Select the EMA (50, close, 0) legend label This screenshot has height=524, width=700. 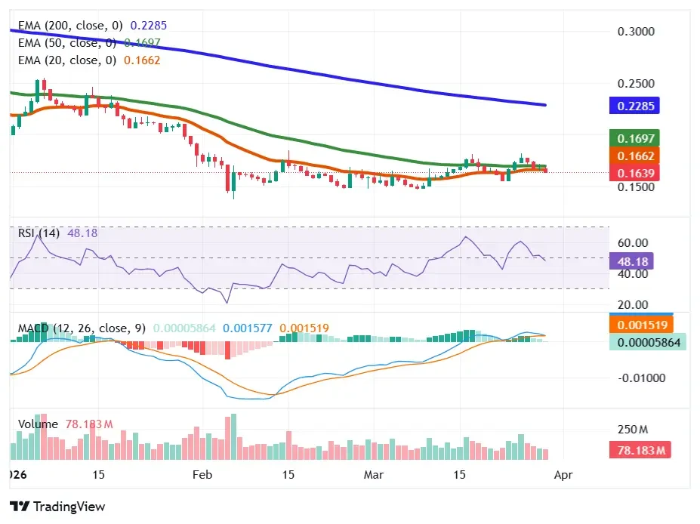(x=67, y=42)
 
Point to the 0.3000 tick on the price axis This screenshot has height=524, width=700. (x=636, y=32)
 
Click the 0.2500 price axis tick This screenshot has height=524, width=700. (x=636, y=84)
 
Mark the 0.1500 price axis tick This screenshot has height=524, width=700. (x=636, y=187)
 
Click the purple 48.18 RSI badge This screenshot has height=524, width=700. (x=634, y=261)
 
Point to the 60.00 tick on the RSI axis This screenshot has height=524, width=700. (x=633, y=243)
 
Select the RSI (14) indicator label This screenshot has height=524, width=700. (x=39, y=233)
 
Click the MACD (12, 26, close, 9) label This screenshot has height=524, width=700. (x=82, y=328)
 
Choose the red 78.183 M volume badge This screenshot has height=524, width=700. (x=639, y=451)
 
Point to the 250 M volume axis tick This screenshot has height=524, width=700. (x=633, y=430)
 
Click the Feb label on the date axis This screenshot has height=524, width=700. (x=202, y=475)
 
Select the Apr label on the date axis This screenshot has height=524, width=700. (x=563, y=475)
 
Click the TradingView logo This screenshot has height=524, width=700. (x=57, y=507)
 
